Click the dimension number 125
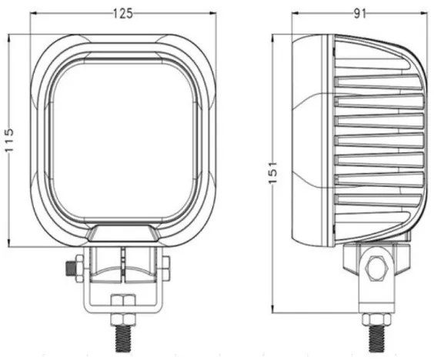click(122, 13)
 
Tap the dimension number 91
click(359, 13)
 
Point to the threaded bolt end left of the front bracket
click(72, 268)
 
